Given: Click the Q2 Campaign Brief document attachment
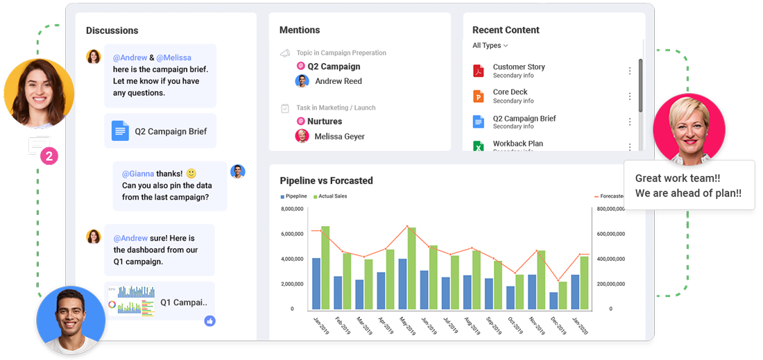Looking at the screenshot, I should point(160,131).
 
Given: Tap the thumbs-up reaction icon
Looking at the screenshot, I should point(209,320).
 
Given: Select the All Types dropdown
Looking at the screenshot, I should point(490,46).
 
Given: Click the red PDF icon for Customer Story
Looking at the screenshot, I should point(478,71).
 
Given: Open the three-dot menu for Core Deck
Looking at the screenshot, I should point(630,96).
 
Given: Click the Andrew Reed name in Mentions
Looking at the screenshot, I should point(338,81).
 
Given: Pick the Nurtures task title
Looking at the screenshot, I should point(325,121).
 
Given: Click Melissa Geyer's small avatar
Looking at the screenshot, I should point(302,136).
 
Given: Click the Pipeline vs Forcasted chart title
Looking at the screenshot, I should point(326,181).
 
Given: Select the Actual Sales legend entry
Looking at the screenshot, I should point(332,196).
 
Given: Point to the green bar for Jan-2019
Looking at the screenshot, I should point(325,268).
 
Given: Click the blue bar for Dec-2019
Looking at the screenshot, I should point(554,300).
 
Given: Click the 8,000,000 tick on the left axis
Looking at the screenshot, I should point(291,209).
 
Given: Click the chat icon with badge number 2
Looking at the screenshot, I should point(40,147).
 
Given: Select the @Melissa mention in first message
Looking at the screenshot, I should point(173,58).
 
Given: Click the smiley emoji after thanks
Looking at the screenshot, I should point(191,173).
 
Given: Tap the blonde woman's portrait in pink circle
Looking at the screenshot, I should point(689,128).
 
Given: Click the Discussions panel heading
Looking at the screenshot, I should point(112,31).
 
